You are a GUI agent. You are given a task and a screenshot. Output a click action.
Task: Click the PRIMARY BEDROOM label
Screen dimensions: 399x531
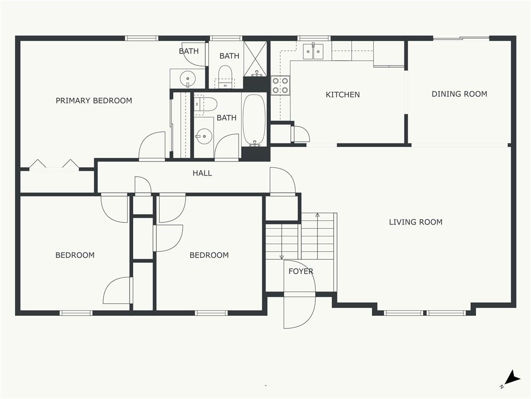coord(94,101)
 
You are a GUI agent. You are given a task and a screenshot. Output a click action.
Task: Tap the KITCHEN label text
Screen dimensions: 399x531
coord(342,95)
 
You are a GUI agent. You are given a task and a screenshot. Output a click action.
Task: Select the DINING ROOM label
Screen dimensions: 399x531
coord(459,94)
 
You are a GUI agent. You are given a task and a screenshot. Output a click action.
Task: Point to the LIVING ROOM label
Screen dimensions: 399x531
coord(415,222)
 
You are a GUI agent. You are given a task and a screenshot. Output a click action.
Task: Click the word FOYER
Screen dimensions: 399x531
coord(301,271)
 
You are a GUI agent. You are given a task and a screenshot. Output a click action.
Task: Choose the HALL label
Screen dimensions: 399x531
coord(202,173)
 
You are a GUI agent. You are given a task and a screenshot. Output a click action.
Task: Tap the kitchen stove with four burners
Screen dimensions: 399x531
coord(281,85)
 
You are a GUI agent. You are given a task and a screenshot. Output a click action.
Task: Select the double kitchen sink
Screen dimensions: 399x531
coord(313,51)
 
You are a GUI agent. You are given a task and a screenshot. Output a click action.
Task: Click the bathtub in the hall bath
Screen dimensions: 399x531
coord(254,119)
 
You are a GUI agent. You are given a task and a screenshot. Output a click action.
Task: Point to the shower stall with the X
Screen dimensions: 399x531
coord(255,58)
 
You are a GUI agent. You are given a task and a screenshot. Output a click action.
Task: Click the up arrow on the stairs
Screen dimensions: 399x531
coord(318,215)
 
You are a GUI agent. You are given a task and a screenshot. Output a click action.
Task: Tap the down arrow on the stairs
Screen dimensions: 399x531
coord(282,256)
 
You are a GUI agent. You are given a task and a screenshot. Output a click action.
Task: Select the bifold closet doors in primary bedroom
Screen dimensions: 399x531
coord(54,165)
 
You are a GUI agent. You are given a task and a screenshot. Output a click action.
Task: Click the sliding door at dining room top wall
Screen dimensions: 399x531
coord(461,38)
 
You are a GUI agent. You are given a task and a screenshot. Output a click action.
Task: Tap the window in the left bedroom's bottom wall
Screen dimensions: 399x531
coord(76,313)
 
